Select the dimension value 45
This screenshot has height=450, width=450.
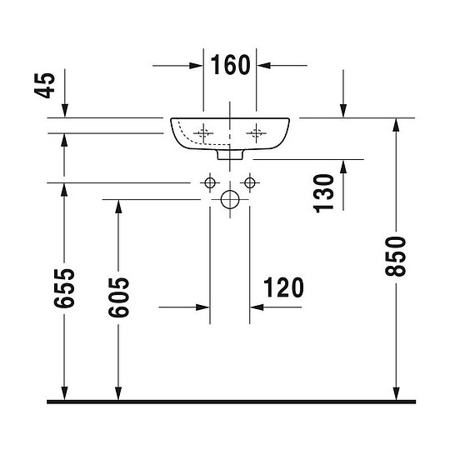click(44, 86)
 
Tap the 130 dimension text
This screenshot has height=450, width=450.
click(323, 193)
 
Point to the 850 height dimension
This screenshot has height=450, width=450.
click(396, 257)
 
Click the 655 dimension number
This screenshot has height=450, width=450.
click(64, 288)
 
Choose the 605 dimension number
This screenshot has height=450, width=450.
click(118, 297)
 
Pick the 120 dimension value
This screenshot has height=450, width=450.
click(283, 287)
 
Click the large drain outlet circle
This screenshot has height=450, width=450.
click(230, 200)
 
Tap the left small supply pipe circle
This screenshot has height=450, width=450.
click(210, 182)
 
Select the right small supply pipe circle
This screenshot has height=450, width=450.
click(250, 182)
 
